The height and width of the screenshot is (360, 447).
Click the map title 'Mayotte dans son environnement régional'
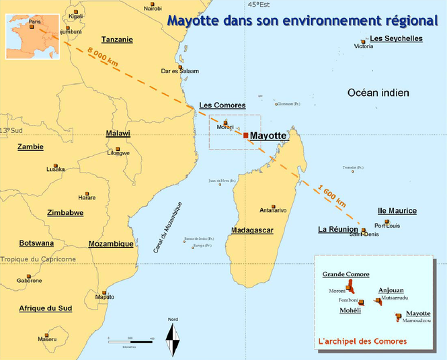[298, 20]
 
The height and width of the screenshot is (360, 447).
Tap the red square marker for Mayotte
[246, 136]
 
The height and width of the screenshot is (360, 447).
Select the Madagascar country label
[253, 230]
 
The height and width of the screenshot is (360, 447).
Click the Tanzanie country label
[117, 40]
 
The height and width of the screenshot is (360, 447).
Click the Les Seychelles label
[397, 38]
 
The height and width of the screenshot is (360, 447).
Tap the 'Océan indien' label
[378, 93]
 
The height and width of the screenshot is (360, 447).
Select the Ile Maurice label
[397, 211]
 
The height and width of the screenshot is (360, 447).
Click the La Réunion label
[337, 230]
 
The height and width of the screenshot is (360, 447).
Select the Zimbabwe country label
[65, 213]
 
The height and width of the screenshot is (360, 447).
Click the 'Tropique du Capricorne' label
[38, 259]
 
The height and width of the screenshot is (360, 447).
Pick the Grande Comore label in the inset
[346, 275]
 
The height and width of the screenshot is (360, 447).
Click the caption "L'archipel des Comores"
[362, 342]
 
